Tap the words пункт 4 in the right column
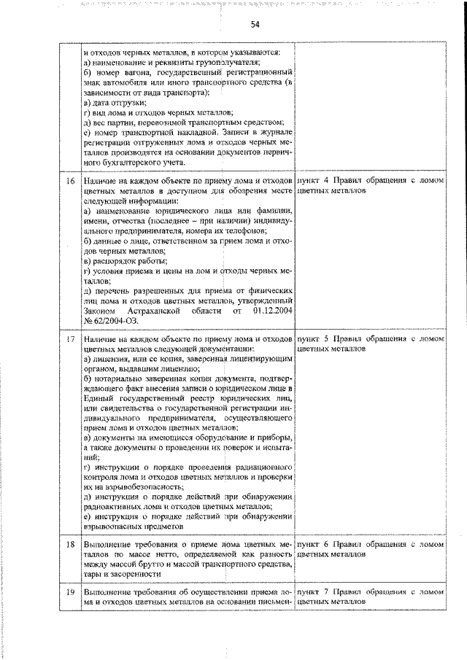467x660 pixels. tap(314, 179)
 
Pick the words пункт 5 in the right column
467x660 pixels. tap(314, 339)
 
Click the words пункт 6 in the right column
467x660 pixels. tap(314, 544)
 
